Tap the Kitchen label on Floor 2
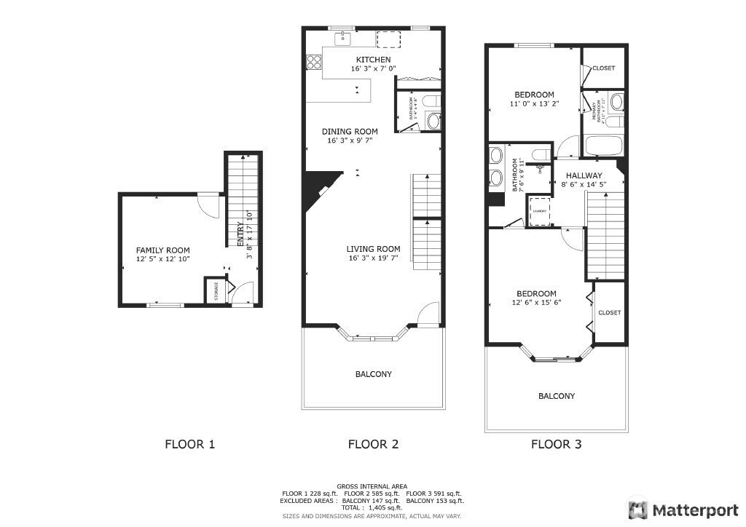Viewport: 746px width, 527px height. (x=373, y=60)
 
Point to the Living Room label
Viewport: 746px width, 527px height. (x=373, y=249)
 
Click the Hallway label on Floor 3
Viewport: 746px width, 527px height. (x=584, y=175)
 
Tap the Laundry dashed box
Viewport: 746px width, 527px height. (x=540, y=211)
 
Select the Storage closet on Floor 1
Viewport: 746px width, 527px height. (x=216, y=291)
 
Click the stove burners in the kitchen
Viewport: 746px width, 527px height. (x=314, y=63)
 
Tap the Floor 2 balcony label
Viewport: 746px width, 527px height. (x=374, y=374)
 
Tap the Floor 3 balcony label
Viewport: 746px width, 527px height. (x=557, y=396)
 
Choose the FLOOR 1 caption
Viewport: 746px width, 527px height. (x=190, y=443)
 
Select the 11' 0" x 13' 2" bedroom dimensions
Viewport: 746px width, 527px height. (x=534, y=104)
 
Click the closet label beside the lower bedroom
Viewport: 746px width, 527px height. (x=610, y=312)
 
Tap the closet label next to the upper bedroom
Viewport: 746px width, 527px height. (x=603, y=68)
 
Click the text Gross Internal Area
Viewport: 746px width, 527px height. (x=372, y=486)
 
